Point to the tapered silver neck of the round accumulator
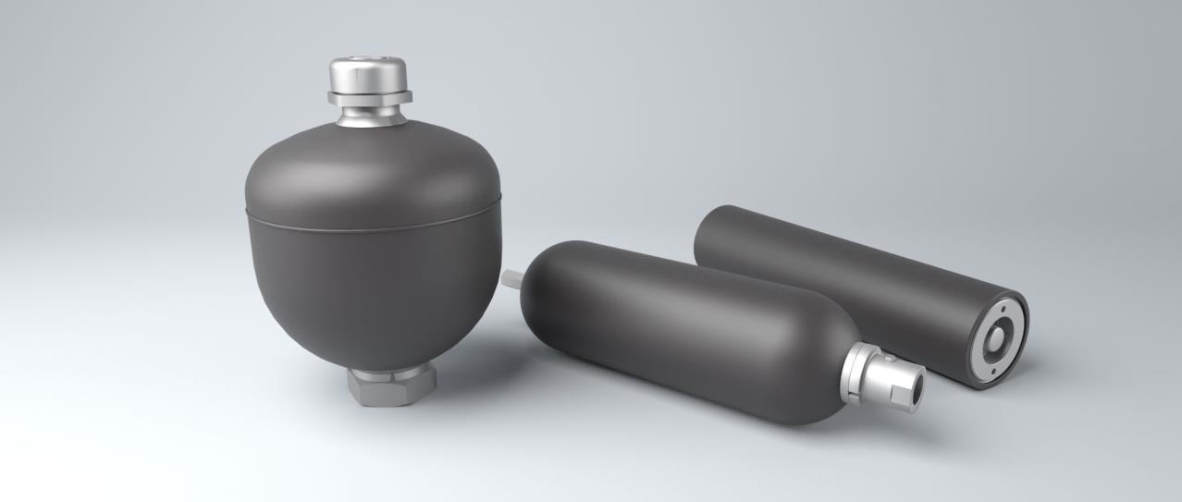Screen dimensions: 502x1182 pos(369,117)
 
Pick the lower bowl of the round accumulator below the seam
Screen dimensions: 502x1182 pos(375,287)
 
